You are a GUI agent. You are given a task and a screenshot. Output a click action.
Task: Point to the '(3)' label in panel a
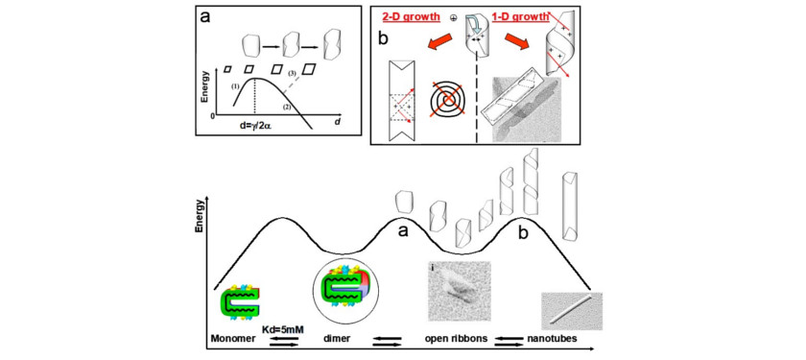pyautogui.click(x=292, y=74)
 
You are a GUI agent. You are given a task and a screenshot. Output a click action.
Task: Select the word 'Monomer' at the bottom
pyautogui.click(x=229, y=340)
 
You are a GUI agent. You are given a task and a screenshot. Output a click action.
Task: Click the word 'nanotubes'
pyautogui.click(x=548, y=340)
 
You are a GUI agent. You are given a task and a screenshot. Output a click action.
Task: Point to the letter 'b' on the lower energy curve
pyautogui.click(x=522, y=233)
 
